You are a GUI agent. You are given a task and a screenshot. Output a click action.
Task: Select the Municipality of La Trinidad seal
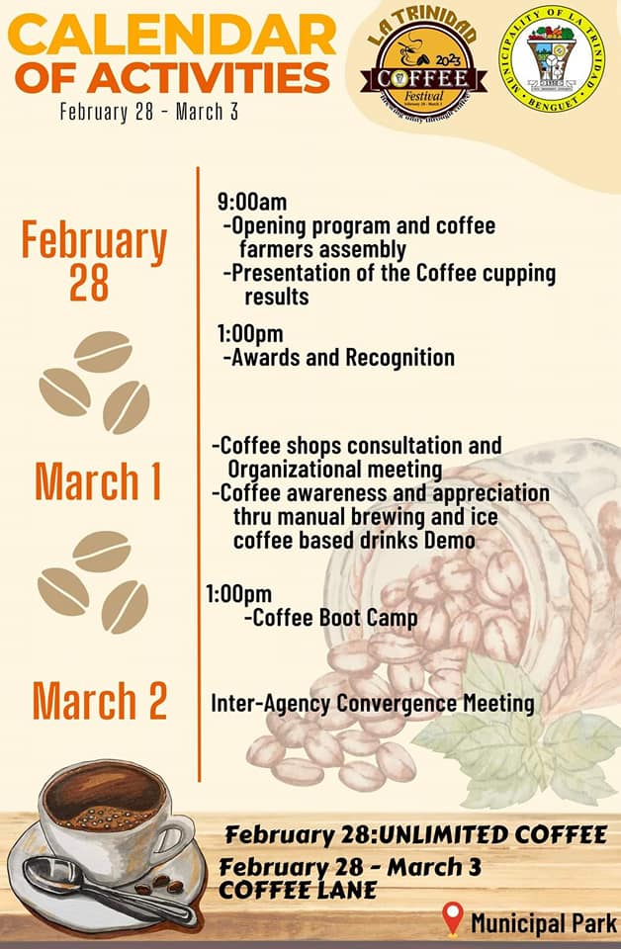(551, 57)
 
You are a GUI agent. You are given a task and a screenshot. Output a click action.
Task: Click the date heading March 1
(98, 481)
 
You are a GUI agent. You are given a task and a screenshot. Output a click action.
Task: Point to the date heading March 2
(99, 701)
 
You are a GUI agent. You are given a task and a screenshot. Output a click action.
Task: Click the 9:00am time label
(252, 203)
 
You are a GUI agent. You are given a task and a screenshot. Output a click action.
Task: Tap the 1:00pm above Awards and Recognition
(250, 334)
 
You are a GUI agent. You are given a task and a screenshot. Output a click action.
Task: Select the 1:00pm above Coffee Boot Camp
(238, 594)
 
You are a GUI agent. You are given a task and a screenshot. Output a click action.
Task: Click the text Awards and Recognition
(341, 358)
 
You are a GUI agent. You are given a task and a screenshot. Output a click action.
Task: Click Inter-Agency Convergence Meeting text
(373, 704)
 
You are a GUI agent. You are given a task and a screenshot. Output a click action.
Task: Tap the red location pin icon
(453, 918)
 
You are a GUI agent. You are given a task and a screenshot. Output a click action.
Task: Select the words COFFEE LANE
(298, 890)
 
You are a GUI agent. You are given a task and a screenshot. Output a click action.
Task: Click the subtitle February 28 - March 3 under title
(148, 110)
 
